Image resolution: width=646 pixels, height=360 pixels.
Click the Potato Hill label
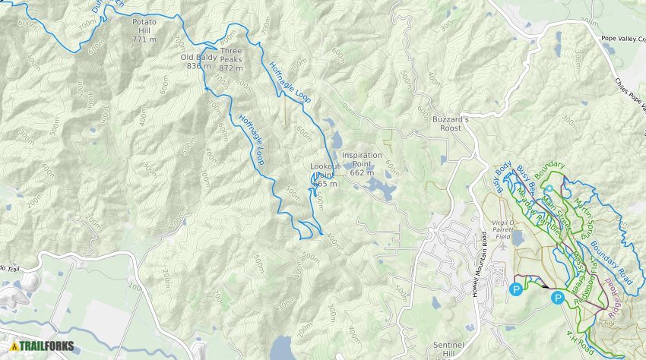tap(144, 30)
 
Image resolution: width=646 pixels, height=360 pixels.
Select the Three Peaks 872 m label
tap(230, 59)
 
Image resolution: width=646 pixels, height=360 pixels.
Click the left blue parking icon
tap(517, 289)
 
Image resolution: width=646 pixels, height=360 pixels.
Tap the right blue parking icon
tap(559, 298)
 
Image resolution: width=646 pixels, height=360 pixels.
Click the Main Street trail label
tap(556, 207)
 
